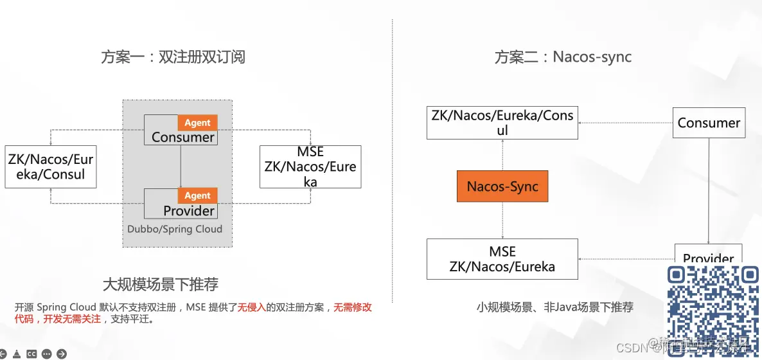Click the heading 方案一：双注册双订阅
point(173,57)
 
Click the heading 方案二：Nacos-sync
point(563,57)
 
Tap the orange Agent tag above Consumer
point(197,123)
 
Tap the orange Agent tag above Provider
point(197,195)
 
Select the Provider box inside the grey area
point(181,204)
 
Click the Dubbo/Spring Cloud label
point(175,229)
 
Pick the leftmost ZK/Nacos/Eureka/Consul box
point(50,166)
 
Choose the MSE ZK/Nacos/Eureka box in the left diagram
point(310,166)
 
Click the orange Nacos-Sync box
point(502,186)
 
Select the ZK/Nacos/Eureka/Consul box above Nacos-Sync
point(502,123)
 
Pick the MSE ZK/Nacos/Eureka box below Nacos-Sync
point(502,258)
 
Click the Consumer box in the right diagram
point(709,123)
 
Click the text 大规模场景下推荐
point(161,284)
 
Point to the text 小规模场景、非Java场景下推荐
point(554,307)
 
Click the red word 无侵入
point(251,307)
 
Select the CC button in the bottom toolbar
point(31,354)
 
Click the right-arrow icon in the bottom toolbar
point(62,354)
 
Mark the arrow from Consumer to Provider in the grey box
point(181,167)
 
